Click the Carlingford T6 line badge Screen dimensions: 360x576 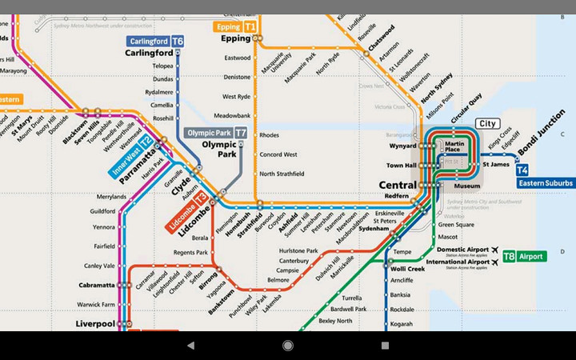click(155, 41)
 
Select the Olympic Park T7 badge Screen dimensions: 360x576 click(216, 133)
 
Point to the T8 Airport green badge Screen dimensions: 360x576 click(524, 257)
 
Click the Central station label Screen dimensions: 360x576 click(398, 185)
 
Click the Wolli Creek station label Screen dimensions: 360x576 click(409, 270)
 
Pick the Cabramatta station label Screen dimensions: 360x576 click(96, 284)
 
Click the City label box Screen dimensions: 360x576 click(487, 123)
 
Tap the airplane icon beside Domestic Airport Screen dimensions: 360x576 click(496, 250)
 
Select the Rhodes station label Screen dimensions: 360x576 click(269, 135)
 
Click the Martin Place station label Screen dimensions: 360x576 click(453, 146)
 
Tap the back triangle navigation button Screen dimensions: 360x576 click(190, 346)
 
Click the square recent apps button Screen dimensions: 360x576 click(385, 346)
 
